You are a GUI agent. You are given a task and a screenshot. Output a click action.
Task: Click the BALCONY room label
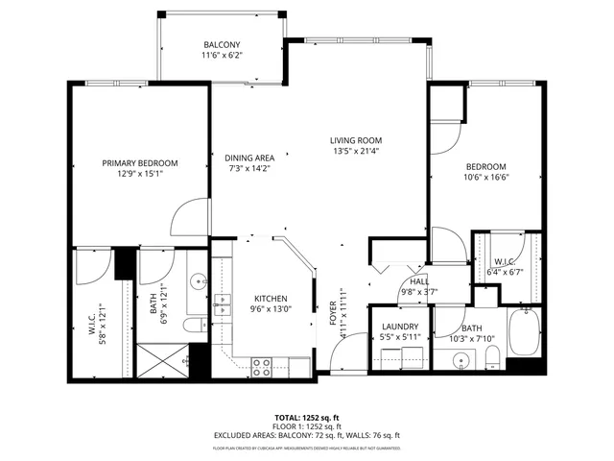[221, 45]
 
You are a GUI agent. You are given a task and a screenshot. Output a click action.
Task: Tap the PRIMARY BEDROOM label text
[140, 163]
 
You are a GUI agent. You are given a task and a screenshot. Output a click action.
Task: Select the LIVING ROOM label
[356, 139]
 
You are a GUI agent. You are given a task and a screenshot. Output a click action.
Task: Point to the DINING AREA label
[249, 158]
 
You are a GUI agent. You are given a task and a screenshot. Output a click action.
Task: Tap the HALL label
[419, 280]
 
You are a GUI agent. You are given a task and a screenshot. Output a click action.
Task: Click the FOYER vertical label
[334, 312]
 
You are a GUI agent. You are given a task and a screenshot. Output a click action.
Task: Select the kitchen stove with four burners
[261, 364]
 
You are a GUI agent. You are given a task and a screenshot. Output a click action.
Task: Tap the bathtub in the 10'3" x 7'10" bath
[525, 331]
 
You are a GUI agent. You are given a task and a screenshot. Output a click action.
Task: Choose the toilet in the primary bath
[192, 328]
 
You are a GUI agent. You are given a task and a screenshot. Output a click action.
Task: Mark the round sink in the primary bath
[197, 282]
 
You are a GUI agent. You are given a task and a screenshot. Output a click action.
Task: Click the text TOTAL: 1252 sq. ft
[307, 418]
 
